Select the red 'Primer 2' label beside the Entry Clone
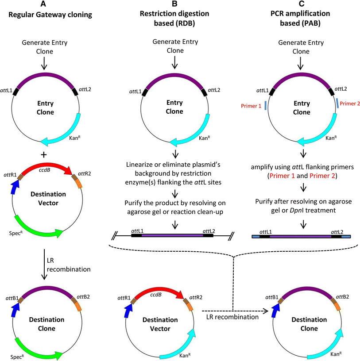pyautogui.click(x=349, y=103)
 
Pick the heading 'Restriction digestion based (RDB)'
pyautogui.click(x=175, y=19)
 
